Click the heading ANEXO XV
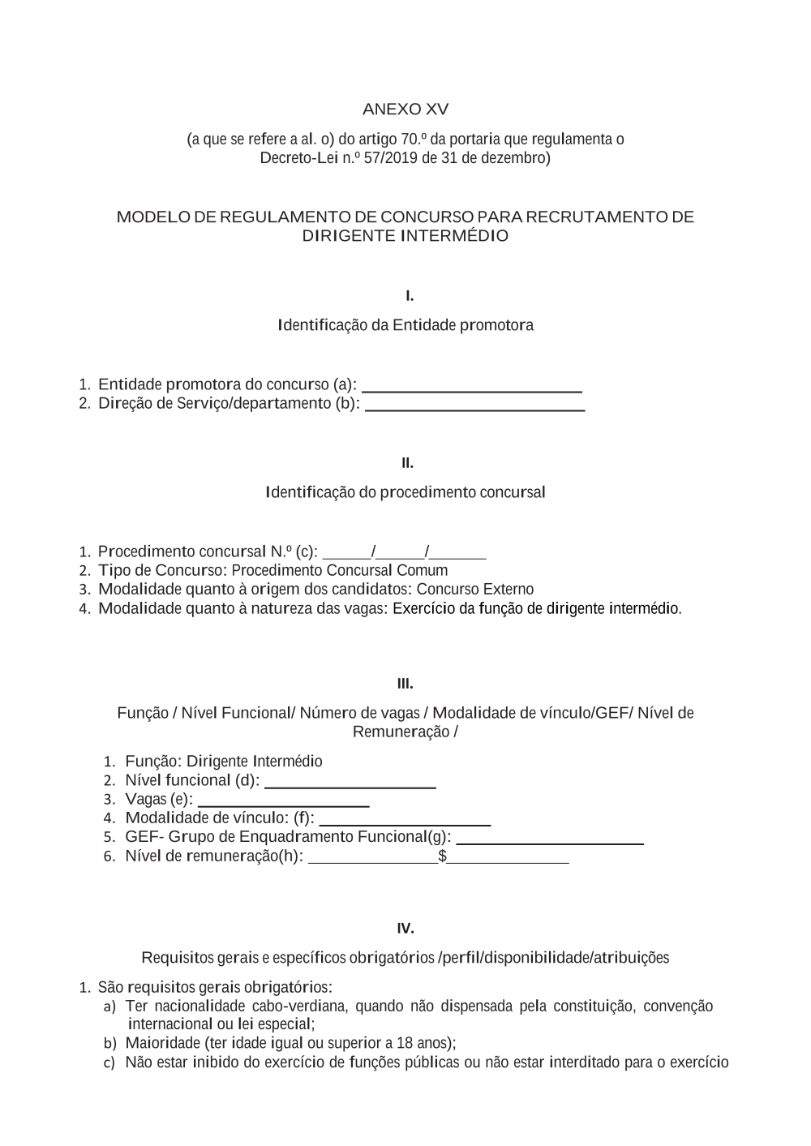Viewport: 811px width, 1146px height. (405, 109)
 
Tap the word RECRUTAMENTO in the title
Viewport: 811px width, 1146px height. (594, 217)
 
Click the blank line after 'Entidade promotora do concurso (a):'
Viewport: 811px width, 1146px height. (472, 390)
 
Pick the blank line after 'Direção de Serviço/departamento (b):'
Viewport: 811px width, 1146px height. (475, 410)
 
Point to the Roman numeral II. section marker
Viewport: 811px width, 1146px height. (407, 463)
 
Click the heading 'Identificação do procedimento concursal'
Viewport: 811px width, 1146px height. (405, 492)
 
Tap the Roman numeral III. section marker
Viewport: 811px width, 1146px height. (405, 685)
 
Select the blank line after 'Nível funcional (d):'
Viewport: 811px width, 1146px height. (350, 786)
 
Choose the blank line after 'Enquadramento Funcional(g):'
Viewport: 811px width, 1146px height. (550, 843)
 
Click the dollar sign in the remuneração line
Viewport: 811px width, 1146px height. (442, 856)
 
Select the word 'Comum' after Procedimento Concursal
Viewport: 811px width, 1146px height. (426, 570)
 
